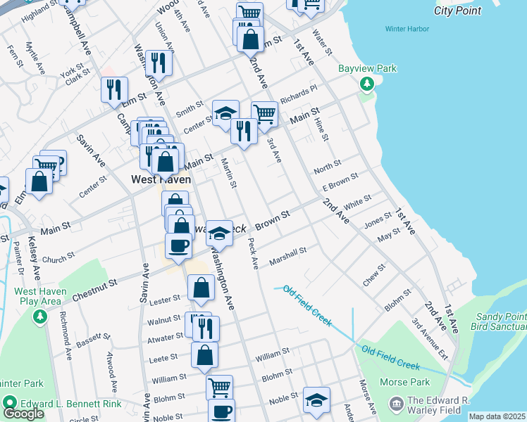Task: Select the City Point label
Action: [x=458, y=11]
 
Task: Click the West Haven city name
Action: [x=161, y=179]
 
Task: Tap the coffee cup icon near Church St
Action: [x=178, y=245]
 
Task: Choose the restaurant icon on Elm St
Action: [x=114, y=89]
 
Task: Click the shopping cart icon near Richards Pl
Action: [x=264, y=113]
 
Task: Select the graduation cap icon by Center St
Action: [x=225, y=113]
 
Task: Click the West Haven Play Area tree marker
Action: [x=39, y=317]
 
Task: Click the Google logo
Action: [x=23, y=414]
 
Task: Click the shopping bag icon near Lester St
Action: [x=201, y=287]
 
